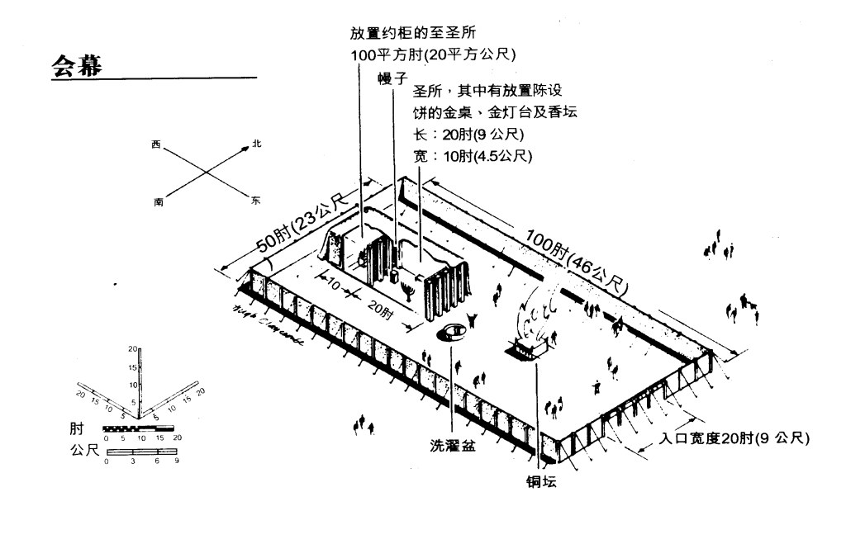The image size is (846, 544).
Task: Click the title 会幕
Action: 77,66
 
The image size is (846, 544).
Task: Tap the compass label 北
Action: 257,144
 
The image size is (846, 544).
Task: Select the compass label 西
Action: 155,145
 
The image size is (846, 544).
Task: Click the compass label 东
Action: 255,201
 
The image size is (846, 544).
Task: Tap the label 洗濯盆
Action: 453,447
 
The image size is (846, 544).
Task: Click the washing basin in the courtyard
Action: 453,332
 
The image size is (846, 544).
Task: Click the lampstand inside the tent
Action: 407,291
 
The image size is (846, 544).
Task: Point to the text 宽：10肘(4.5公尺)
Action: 472,156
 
